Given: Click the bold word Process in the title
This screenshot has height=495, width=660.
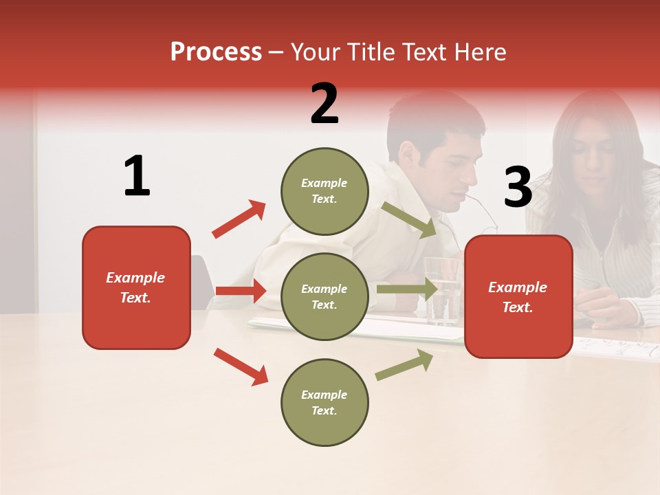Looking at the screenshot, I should pyautogui.click(x=216, y=52).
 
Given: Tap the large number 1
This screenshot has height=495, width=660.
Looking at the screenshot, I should pyautogui.click(x=137, y=176).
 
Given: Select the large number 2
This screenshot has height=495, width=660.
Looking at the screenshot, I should pyautogui.click(x=324, y=104).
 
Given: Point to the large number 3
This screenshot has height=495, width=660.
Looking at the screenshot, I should pyautogui.click(x=518, y=188).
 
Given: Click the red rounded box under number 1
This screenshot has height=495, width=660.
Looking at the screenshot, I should pyautogui.click(x=136, y=287).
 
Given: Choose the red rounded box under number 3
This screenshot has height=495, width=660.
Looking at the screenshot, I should pyautogui.click(x=518, y=296).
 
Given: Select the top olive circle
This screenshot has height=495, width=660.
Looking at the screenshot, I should pyautogui.click(x=324, y=191).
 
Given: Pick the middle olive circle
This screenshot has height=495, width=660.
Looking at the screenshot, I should pyautogui.click(x=324, y=296).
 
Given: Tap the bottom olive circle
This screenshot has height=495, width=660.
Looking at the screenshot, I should pyautogui.click(x=324, y=402).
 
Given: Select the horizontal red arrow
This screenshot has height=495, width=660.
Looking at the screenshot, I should pyautogui.click(x=241, y=291).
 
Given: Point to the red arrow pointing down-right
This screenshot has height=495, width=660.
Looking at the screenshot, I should pyautogui.click(x=241, y=366).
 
